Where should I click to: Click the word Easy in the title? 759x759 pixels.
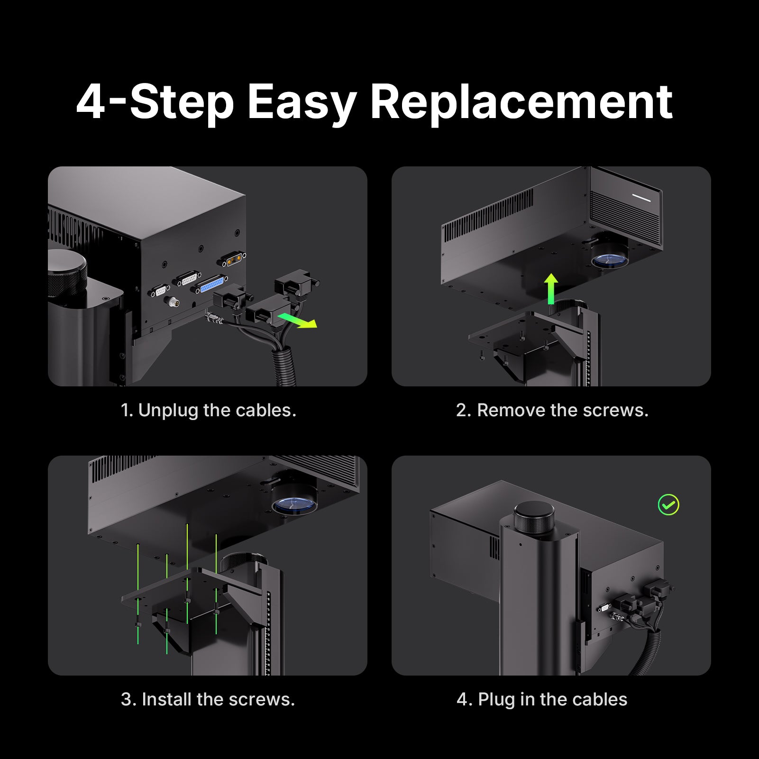pyautogui.click(x=302, y=102)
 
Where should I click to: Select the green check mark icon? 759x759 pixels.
pyautogui.click(x=668, y=505)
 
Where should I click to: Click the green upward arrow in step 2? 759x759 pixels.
pyautogui.click(x=551, y=289)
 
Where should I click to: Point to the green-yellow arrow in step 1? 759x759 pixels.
pyautogui.click(x=297, y=320)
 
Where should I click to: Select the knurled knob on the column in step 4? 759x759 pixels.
pyautogui.click(x=534, y=517)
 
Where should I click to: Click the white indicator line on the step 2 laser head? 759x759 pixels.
pyautogui.click(x=641, y=198)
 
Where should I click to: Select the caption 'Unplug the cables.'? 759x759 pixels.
pyautogui.click(x=208, y=410)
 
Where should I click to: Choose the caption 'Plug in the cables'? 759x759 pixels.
pyautogui.click(x=542, y=700)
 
